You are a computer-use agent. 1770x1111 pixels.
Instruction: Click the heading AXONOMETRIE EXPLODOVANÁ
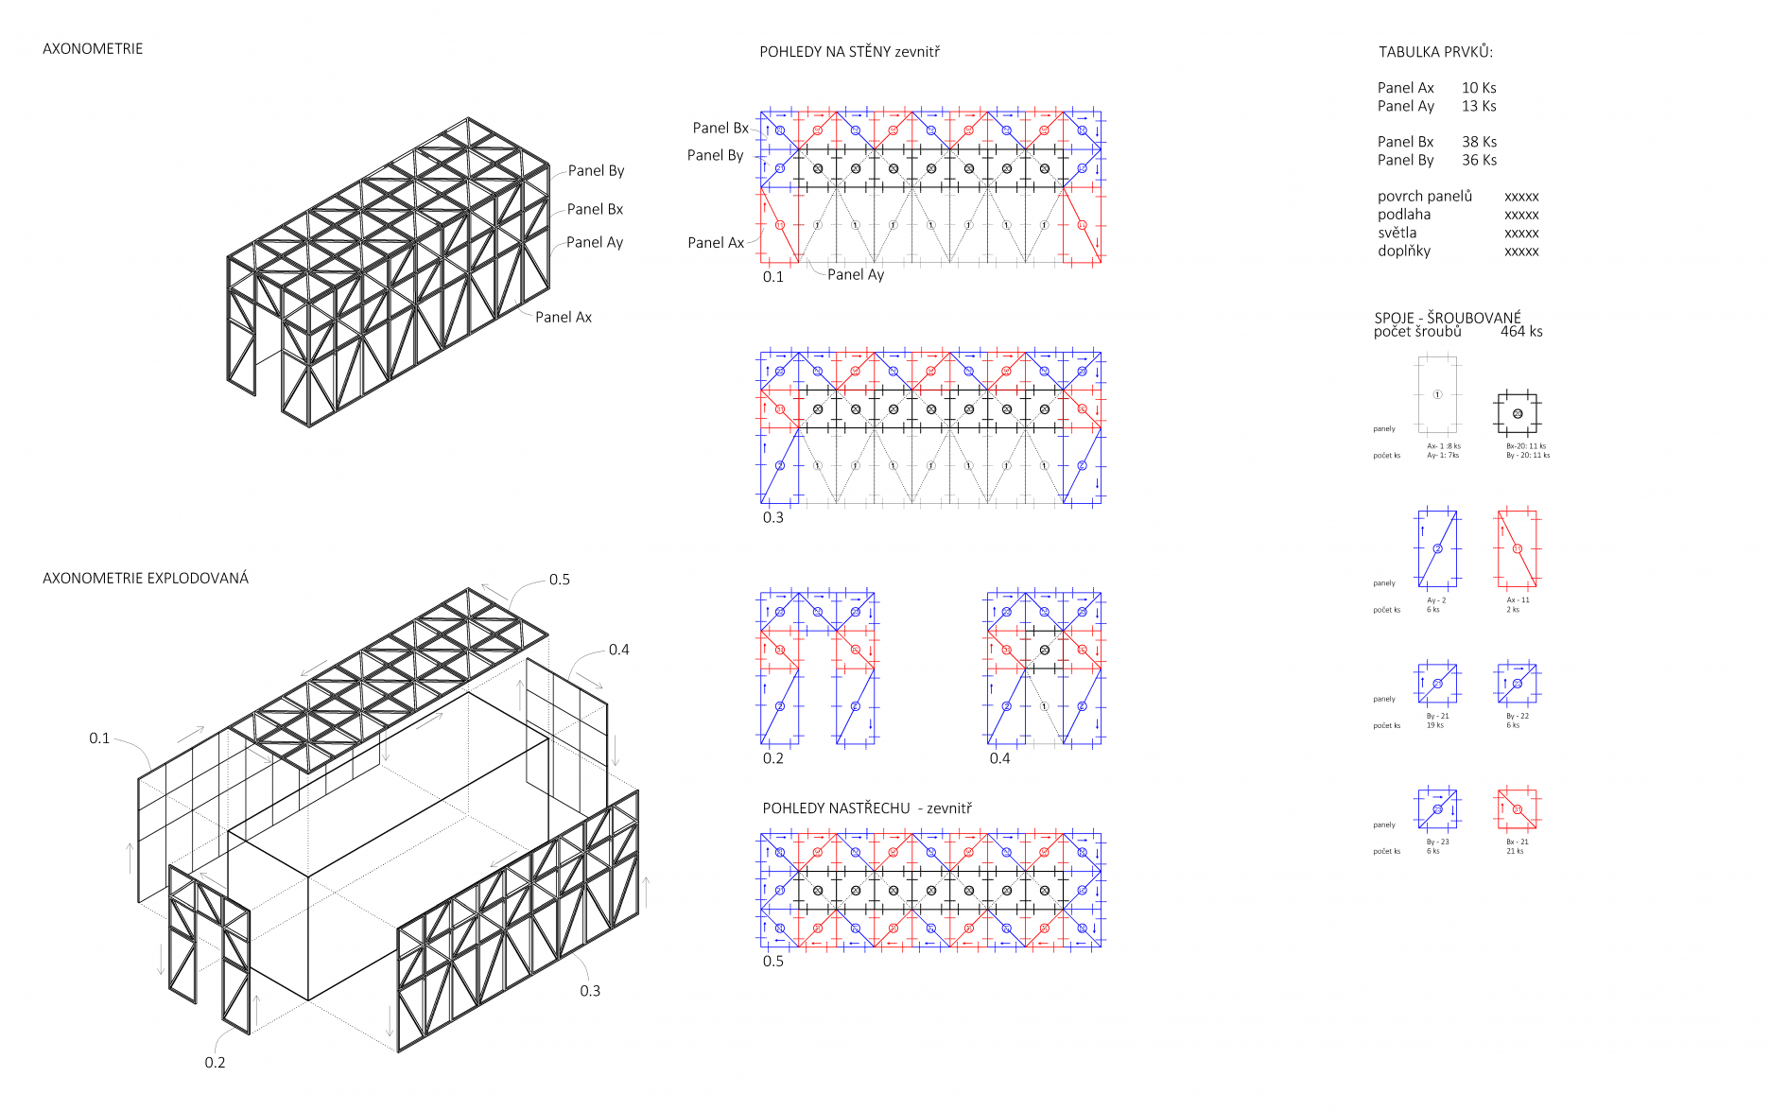(x=146, y=578)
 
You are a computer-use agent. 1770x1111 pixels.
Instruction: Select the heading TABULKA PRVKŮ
(x=1435, y=52)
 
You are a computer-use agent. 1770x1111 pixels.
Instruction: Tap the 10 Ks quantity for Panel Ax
(x=1479, y=88)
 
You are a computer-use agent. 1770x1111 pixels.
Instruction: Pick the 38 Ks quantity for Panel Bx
(x=1479, y=142)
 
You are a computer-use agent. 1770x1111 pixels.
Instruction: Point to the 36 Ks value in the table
(x=1479, y=160)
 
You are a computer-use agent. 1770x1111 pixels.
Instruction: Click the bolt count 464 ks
(x=1520, y=331)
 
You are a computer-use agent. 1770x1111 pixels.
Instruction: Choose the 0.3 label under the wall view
(x=773, y=517)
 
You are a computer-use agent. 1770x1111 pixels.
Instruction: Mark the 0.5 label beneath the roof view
(x=773, y=961)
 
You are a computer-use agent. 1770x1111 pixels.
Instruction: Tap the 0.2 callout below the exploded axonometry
(x=216, y=1062)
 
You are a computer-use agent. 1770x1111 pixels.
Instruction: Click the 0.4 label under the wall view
(x=999, y=758)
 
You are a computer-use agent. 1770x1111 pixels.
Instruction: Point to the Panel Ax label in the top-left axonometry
(x=564, y=317)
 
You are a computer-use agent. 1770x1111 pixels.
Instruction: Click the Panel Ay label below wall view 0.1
(x=856, y=274)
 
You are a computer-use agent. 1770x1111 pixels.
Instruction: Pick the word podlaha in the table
(x=1404, y=215)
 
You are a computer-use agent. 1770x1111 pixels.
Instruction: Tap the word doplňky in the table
(x=1404, y=251)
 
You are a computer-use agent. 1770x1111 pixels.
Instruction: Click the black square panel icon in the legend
(x=1517, y=413)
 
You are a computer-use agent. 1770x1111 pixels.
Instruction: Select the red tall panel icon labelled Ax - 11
(x=1517, y=548)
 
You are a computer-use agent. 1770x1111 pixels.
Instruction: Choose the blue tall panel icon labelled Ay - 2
(x=1437, y=548)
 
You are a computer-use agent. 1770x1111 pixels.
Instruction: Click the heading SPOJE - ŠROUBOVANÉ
(x=1448, y=318)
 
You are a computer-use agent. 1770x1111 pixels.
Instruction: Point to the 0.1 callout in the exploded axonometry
(x=99, y=738)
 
